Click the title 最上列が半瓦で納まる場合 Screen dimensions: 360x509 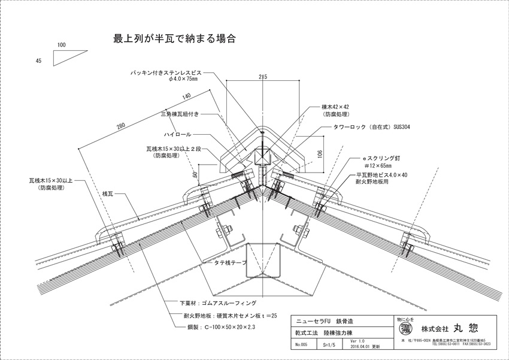pyautogui.click(x=173, y=40)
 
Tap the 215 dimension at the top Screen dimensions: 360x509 pyautogui.click(x=262, y=76)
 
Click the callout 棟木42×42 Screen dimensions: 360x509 pyautogui.click(x=335, y=107)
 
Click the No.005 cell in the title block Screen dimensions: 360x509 pyautogui.click(x=301, y=346)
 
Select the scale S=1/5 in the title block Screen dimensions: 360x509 pyautogui.click(x=328, y=346)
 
